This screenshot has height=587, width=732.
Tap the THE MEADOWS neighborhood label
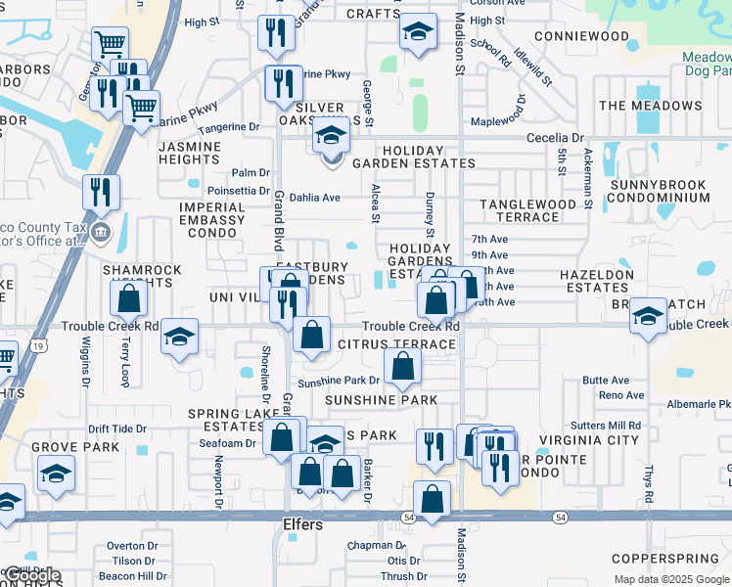click(651, 106)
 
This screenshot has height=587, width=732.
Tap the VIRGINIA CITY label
click(597, 441)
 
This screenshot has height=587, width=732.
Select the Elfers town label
click(303, 523)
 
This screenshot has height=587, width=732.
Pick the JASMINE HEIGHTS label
click(189, 153)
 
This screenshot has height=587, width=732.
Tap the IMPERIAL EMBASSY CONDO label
click(212, 220)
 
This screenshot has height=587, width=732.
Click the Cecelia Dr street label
click(555, 138)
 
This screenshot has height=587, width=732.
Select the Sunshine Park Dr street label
click(339, 381)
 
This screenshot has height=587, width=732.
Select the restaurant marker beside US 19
click(101, 192)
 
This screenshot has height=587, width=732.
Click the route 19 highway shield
click(37, 345)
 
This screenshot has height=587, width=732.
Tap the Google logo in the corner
click(33, 576)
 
